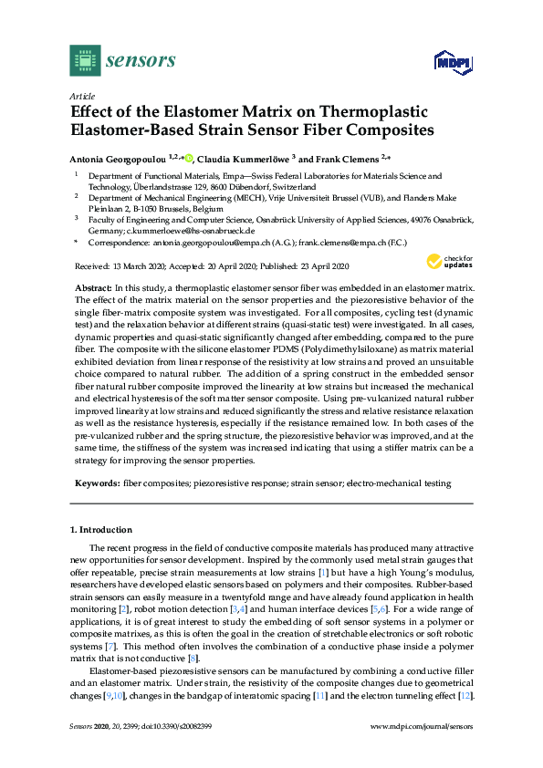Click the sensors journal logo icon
click(x=85, y=60)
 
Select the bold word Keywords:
click(x=97, y=482)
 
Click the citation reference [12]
click(x=465, y=721)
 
